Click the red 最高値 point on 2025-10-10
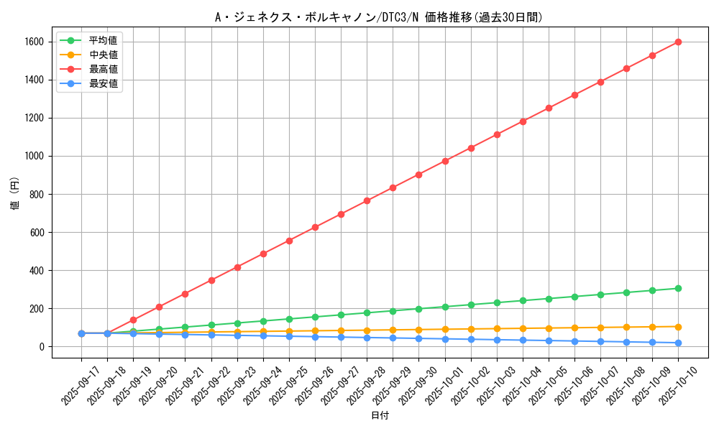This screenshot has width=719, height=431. click(678, 42)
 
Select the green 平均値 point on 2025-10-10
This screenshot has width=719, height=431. click(678, 288)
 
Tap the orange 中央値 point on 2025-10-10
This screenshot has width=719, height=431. click(678, 327)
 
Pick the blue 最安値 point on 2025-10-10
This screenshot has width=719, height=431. click(678, 343)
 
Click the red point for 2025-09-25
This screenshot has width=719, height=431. click(289, 241)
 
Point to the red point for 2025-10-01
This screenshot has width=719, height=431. click(445, 161)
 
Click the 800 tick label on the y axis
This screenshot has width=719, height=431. click(37, 194)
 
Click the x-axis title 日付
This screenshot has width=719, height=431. click(380, 416)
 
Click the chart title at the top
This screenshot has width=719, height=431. click(379, 17)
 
